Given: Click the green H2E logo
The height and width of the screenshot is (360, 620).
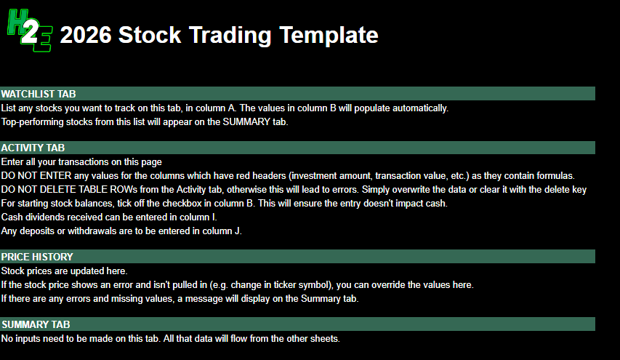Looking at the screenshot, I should click(x=29, y=33).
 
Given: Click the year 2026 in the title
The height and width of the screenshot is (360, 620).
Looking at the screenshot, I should click(x=85, y=35).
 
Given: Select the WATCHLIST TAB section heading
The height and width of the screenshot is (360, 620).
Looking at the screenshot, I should click(x=39, y=94).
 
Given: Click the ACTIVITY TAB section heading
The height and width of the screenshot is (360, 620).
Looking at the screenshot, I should click(x=33, y=148).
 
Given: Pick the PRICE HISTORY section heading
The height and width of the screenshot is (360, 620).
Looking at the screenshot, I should click(x=37, y=257).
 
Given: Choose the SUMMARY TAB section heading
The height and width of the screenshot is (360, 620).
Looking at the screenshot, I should click(x=36, y=324).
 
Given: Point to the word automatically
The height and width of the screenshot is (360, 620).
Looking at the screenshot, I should click(x=422, y=108).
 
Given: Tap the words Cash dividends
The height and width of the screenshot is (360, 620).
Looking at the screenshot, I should click(x=34, y=217).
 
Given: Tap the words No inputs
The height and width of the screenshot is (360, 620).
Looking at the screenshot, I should click(x=23, y=338).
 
